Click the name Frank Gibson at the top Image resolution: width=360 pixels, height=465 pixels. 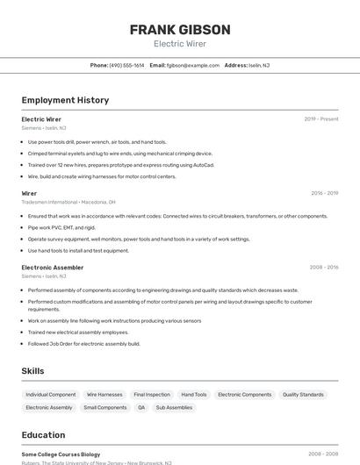[180, 29]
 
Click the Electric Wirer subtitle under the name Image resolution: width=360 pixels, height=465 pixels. [180, 44]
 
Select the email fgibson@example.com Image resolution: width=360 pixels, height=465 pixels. [192, 65]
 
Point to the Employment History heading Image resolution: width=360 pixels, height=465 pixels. [65, 100]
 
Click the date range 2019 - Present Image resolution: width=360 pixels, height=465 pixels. [321, 118]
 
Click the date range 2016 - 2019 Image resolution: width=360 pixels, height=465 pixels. [324, 193]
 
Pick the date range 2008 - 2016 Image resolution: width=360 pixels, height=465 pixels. [324, 268]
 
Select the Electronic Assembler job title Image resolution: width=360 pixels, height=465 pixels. [53, 268]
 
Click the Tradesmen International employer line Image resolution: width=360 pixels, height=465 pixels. [68, 202]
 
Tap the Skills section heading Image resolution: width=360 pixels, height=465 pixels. [32, 371]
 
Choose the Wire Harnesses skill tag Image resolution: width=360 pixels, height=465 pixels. [104, 395]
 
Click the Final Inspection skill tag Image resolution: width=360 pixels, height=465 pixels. [152, 395]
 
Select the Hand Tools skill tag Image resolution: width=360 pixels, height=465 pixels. [194, 395]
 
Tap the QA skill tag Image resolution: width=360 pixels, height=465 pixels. [141, 407]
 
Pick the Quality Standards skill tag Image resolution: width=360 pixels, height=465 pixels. [303, 395]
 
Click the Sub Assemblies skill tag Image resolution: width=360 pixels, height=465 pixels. [174, 407]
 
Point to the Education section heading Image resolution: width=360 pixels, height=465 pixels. [43, 435]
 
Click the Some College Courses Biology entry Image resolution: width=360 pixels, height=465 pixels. [61, 454]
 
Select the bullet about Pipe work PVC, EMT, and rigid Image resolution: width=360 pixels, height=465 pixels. [64, 227]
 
